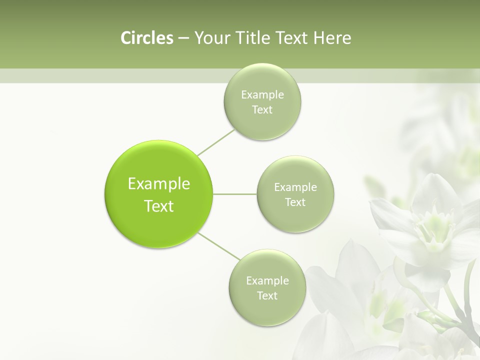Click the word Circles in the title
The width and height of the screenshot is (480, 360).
pyautogui.click(x=147, y=38)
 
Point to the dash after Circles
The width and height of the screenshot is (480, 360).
pyautogui.click(x=183, y=38)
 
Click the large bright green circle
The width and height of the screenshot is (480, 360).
pyautogui.click(x=159, y=165)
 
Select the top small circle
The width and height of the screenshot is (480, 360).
pyautogui.click(x=262, y=125)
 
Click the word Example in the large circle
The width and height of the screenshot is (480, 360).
pyautogui.click(x=159, y=184)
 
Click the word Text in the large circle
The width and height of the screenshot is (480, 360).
pyautogui.click(x=159, y=206)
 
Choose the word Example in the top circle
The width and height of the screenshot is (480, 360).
pyautogui.click(x=262, y=95)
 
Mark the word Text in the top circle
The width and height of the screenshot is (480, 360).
pyautogui.click(x=262, y=110)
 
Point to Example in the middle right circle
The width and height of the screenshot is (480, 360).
pyautogui.click(x=295, y=187)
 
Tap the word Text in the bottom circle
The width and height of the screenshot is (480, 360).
pyautogui.click(x=267, y=296)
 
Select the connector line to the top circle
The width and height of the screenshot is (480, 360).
pyautogui.click(x=216, y=142)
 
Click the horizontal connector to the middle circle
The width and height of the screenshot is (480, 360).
pyautogui.click(x=235, y=194)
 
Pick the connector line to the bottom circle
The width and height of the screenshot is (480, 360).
pyautogui.click(x=219, y=246)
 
